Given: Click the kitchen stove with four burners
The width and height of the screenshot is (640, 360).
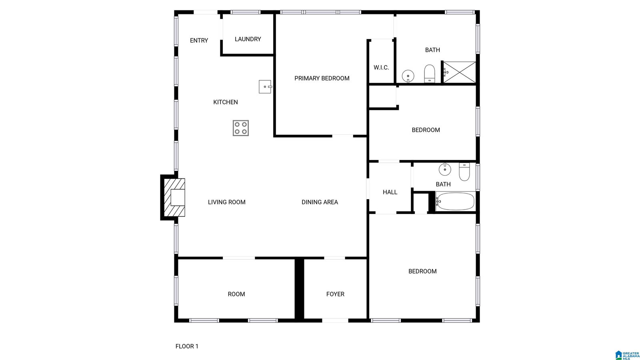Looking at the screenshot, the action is pyautogui.click(x=240, y=128).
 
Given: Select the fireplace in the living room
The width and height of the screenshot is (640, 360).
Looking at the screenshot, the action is pyautogui.click(x=173, y=198).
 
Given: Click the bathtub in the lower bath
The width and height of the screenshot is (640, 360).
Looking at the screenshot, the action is pyautogui.click(x=456, y=202).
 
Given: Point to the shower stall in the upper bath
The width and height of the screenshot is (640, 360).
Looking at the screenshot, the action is pyautogui.click(x=459, y=72).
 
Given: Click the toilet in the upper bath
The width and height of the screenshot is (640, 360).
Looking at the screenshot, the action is pyautogui.click(x=429, y=74).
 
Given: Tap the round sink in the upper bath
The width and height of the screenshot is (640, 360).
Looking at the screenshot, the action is pyautogui.click(x=408, y=76).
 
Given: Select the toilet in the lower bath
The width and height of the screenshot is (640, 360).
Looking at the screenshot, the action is pyautogui.click(x=464, y=172).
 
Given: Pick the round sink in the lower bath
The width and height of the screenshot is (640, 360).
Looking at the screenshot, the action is pyautogui.click(x=445, y=169).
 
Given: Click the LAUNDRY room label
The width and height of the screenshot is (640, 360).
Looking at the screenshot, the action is pyautogui.click(x=248, y=39).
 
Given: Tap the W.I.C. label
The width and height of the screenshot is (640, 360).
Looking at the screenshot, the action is pyautogui.click(x=381, y=68).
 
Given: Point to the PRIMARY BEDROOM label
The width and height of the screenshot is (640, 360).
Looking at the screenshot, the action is pyautogui.click(x=322, y=78).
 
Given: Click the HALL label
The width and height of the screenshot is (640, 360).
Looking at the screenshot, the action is pyautogui.click(x=390, y=192).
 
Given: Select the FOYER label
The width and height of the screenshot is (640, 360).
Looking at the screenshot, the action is pyautogui.click(x=335, y=294).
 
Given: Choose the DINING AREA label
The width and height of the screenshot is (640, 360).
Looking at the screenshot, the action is pyautogui.click(x=320, y=202).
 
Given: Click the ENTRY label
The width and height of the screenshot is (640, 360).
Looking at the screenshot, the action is pyautogui.click(x=199, y=40).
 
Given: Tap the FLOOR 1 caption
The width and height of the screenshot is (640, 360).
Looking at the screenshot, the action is pyautogui.click(x=187, y=346).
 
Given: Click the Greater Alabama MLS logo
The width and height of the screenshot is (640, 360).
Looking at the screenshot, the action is pyautogui.click(x=627, y=355).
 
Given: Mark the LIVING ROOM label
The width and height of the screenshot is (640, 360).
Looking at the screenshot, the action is pyautogui.click(x=226, y=202).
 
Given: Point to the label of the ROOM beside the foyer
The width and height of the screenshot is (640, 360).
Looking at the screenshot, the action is pyautogui.click(x=236, y=294).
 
